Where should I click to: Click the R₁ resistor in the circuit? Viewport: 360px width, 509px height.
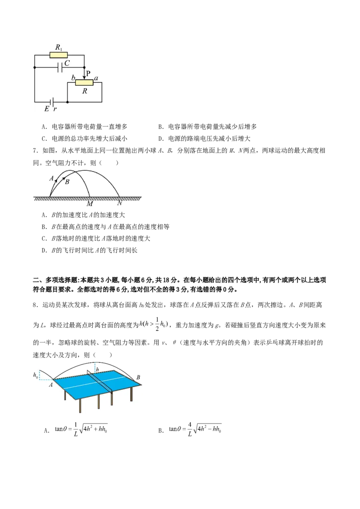tap(58, 55)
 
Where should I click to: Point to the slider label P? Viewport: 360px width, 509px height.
tap(88, 74)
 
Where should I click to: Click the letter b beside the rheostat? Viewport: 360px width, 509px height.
tap(73, 78)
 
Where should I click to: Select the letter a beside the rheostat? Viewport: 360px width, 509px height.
tap(96, 78)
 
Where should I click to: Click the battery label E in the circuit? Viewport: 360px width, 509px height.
tap(47, 109)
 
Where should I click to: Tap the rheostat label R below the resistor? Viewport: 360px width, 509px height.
tap(85, 91)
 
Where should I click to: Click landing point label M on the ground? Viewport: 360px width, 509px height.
tap(90, 204)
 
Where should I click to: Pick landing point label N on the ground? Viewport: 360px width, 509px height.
tap(120, 203)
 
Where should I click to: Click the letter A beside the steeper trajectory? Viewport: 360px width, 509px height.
tap(52, 178)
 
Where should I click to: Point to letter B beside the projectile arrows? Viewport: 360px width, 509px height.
tap(67, 182)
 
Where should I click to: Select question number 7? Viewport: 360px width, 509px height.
tap(35, 151)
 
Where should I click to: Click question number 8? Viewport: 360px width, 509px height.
tap(35, 305)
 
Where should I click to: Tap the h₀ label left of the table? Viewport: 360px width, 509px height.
tap(36, 375)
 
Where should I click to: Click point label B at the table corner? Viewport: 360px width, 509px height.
tap(138, 377)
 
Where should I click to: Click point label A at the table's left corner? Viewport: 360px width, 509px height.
tap(51, 385)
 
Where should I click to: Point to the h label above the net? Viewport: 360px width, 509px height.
tap(97, 370)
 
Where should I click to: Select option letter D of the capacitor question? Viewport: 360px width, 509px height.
tap(161, 138)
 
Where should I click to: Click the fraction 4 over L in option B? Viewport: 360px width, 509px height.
tap(190, 429)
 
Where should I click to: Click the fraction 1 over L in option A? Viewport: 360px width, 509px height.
tap(76, 429)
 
